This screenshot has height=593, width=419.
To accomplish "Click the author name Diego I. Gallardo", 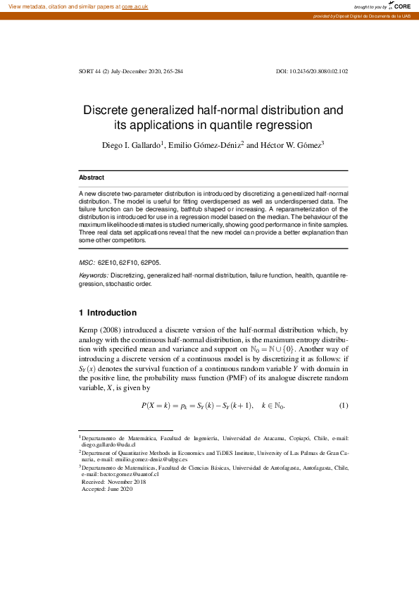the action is tap(132, 145).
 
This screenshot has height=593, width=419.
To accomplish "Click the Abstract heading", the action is tap(91, 178).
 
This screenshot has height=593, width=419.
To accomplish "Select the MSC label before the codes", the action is tap(87, 262).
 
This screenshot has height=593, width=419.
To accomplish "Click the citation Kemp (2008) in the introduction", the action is tap(103, 329).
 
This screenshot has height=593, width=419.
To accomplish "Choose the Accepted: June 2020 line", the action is tap(106, 489).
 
